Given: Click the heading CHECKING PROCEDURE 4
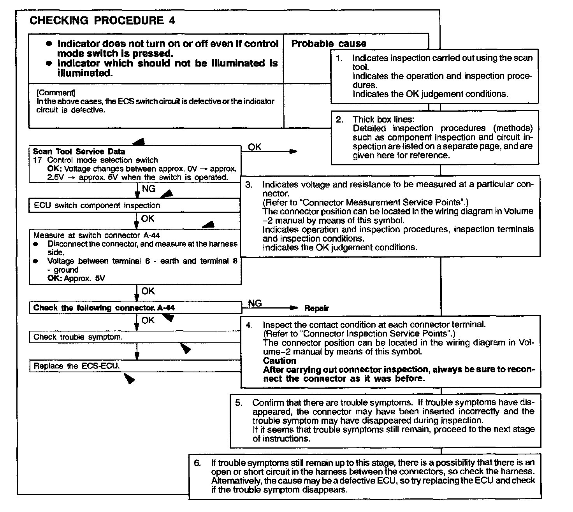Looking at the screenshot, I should pyautogui.click(x=102, y=21).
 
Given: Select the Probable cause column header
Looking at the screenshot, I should pyautogui.click(x=329, y=44).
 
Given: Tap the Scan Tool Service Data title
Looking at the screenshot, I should pyautogui.click(x=79, y=151).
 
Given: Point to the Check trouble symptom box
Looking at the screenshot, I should pyautogui.click(x=78, y=337).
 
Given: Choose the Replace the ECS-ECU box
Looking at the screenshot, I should pyautogui.click(x=77, y=366).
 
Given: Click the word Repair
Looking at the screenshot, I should pyautogui.click(x=316, y=308).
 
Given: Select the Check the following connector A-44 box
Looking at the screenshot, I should pyautogui.click(x=104, y=308).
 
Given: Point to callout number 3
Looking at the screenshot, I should pyautogui.click(x=249, y=185).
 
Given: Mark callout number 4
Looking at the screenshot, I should pyautogui.click(x=249, y=324).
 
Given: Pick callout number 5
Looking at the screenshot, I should pyautogui.click(x=239, y=403).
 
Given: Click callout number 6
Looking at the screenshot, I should pyautogui.click(x=198, y=463).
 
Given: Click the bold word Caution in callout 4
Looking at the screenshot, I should pyautogui.click(x=279, y=361).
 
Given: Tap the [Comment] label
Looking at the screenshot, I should pyautogui.click(x=56, y=93).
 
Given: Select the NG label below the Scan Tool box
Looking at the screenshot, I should pyautogui.click(x=149, y=189).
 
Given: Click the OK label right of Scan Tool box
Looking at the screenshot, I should pyautogui.click(x=255, y=147).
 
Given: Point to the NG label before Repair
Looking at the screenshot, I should pyautogui.click(x=255, y=303).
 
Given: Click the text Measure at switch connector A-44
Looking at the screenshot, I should pyautogui.click(x=97, y=235).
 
